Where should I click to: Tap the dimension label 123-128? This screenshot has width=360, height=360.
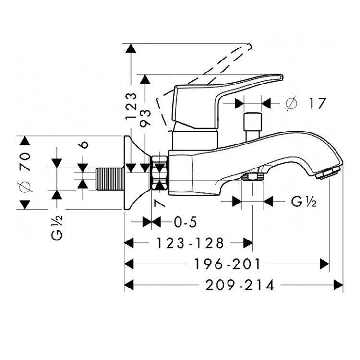190,243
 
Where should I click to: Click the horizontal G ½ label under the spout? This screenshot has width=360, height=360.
303,202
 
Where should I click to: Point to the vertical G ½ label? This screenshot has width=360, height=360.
57,228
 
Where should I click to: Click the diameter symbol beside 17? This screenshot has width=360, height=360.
291,103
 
